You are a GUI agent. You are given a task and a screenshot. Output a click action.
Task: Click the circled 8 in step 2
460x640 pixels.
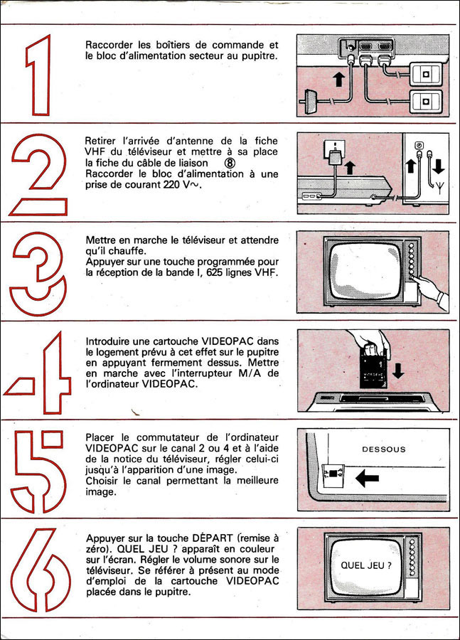point(230,164)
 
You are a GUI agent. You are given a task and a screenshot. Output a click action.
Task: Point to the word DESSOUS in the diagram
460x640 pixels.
point(384,449)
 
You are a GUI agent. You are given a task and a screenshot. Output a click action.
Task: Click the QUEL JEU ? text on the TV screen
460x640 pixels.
point(366,565)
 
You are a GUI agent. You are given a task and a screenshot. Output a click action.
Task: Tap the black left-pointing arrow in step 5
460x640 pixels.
point(368,478)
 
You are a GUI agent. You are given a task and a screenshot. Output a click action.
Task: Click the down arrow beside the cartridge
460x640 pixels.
point(398,370)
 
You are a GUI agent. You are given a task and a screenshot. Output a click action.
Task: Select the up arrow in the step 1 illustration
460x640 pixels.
point(338,79)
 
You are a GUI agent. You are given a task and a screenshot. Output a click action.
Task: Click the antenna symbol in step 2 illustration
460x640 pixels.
point(439,187)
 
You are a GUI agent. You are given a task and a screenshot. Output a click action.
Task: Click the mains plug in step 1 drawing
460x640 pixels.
point(309,102)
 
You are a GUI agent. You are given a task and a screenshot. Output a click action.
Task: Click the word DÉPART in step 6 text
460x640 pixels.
point(213,538)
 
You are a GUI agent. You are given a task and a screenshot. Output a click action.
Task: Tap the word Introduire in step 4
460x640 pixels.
point(105,341)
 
